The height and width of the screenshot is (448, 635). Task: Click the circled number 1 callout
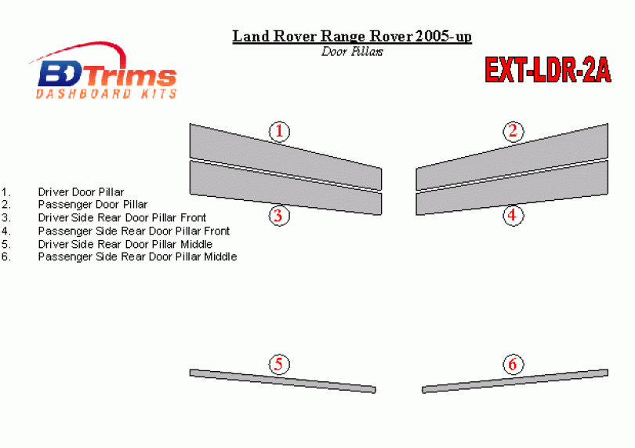tap(279, 131)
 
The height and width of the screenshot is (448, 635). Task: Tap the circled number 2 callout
tap(513, 131)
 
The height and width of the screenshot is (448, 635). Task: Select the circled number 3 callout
tap(279, 215)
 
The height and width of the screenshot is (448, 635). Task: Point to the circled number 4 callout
tap(513, 215)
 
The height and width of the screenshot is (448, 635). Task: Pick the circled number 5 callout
tap(279, 364)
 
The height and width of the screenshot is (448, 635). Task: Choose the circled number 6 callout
tap(513, 364)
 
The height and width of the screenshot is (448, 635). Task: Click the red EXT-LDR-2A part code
tap(548, 70)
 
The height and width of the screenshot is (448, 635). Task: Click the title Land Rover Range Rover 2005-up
tap(352, 36)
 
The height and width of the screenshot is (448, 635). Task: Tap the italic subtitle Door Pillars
tap(352, 52)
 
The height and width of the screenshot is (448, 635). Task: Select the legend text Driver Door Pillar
tap(81, 191)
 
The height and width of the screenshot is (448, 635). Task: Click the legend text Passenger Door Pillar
tap(93, 204)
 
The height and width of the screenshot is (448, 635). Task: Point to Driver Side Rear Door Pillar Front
tap(122, 217)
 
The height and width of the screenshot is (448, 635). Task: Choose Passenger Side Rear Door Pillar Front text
tap(133, 231)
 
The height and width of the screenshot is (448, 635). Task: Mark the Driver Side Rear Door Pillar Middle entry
tap(125, 244)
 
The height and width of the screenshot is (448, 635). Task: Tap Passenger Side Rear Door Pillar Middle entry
tap(137, 257)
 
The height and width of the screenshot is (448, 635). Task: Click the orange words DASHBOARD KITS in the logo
tap(107, 94)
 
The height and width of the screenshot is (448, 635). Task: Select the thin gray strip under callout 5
tap(283, 381)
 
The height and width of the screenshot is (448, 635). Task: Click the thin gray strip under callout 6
tap(515, 381)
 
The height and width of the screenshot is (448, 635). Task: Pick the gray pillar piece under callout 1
tap(285, 156)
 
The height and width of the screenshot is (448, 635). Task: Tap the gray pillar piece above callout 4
tap(512, 188)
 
